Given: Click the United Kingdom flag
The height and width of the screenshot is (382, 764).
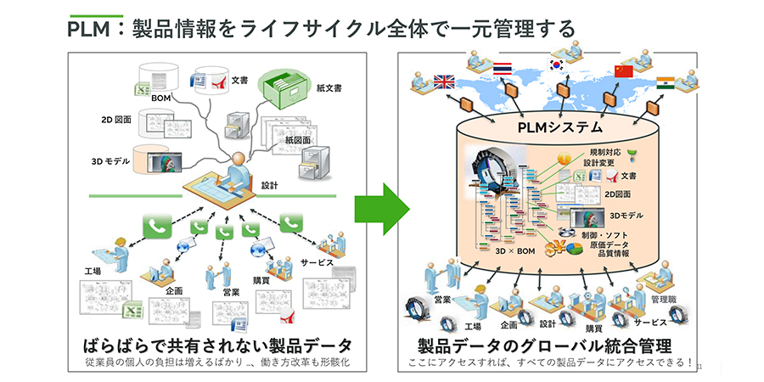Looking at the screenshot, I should coord(444,82).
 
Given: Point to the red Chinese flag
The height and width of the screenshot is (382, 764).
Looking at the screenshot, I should coord(624,70).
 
